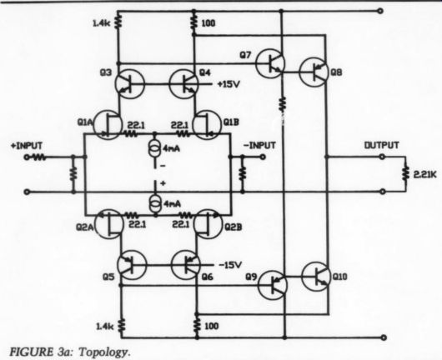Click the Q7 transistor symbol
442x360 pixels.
pyautogui.click(x=270, y=63)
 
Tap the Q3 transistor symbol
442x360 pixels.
pyautogui.click(x=129, y=83)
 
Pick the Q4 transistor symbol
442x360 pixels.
pyautogui.click(x=183, y=83)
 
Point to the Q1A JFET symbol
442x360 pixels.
pyautogui.click(x=108, y=125)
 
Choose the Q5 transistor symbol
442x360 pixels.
pyautogui.click(x=132, y=265)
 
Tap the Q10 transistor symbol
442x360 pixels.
pyautogui.click(x=316, y=277)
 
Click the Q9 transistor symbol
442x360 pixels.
pyautogui.click(x=273, y=285)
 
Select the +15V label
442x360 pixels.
pyautogui.click(x=229, y=84)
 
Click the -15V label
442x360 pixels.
pyautogui.click(x=230, y=265)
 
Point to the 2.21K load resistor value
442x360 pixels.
pyautogui.click(x=425, y=175)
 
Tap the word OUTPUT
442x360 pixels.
pyautogui.click(x=382, y=145)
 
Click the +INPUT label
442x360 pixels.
pyautogui.click(x=26, y=146)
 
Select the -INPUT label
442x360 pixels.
pyautogui.click(x=259, y=145)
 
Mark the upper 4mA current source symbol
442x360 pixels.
pyautogui.click(x=155, y=148)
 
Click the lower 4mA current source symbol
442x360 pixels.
pyautogui.click(x=155, y=204)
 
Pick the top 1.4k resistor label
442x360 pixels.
pyautogui.click(x=103, y=23)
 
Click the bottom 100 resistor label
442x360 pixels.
pyautogui.click(x=211, y=326)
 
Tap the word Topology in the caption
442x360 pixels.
pyautogui.click(x=103, y=352)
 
